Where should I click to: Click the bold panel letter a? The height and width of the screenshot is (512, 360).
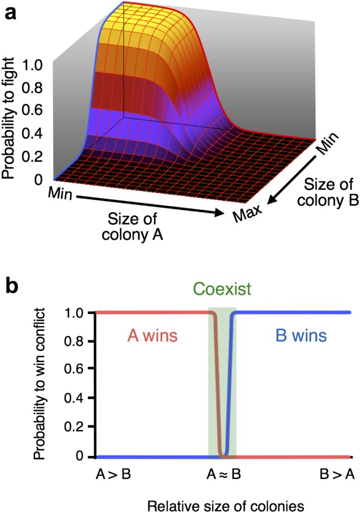[11, 13]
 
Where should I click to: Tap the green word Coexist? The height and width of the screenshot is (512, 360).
[222, 289]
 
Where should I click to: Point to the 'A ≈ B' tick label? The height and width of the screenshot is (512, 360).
[222, 476]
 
